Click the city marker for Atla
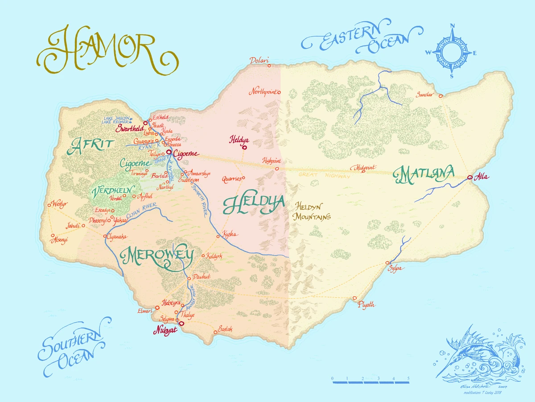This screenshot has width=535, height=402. coord(470,178)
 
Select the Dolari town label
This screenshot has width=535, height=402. coord(259,60)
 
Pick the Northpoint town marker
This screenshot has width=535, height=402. coord(279,93)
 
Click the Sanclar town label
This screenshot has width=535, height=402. coord(424,95)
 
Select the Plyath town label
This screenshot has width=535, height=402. coord(366,305)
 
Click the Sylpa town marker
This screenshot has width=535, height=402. coord(387,263)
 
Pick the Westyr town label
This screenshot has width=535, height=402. coord(59,203)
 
